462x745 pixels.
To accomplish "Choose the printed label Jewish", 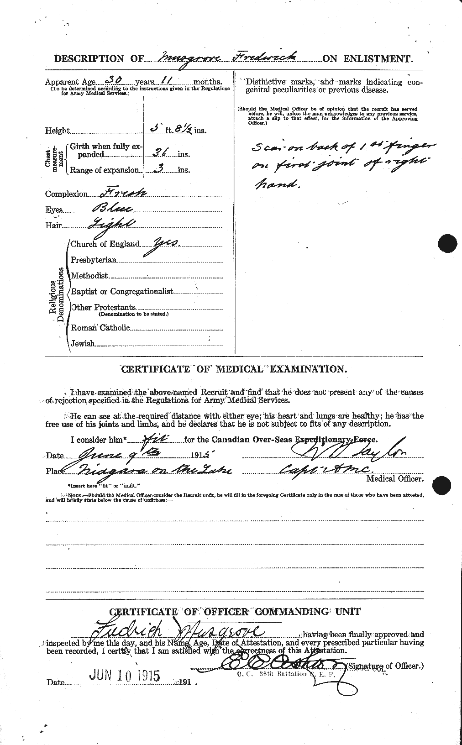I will pyautogui.click(x=83, y=343).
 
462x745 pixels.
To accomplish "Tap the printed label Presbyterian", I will pyautogui.click(x=94, y=260).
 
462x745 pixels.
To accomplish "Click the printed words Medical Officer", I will pyautogui.click(x=394, y=479).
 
